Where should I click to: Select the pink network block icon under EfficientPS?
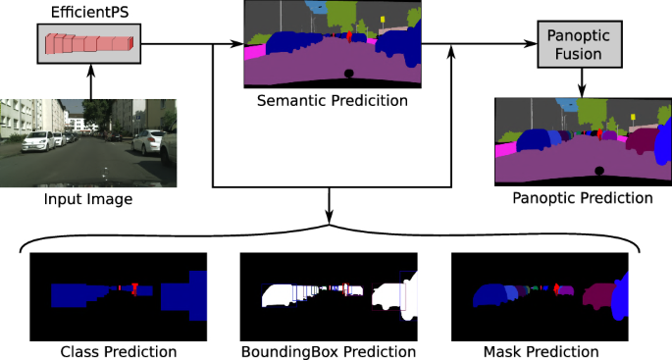pos(89,44)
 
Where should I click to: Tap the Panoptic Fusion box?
pos(581,43)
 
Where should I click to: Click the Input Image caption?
pos(88,200)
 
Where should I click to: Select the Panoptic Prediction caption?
pos(582,198)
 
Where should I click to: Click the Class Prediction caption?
pos(118,351)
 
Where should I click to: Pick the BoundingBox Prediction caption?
pos(329,351)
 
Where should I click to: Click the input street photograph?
pos(88,142)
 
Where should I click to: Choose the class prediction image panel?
pos(118,295)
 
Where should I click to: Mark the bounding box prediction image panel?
pos(329,295)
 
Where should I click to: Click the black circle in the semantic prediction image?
pos(348,74)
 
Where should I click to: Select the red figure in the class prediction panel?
pos(134,289)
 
